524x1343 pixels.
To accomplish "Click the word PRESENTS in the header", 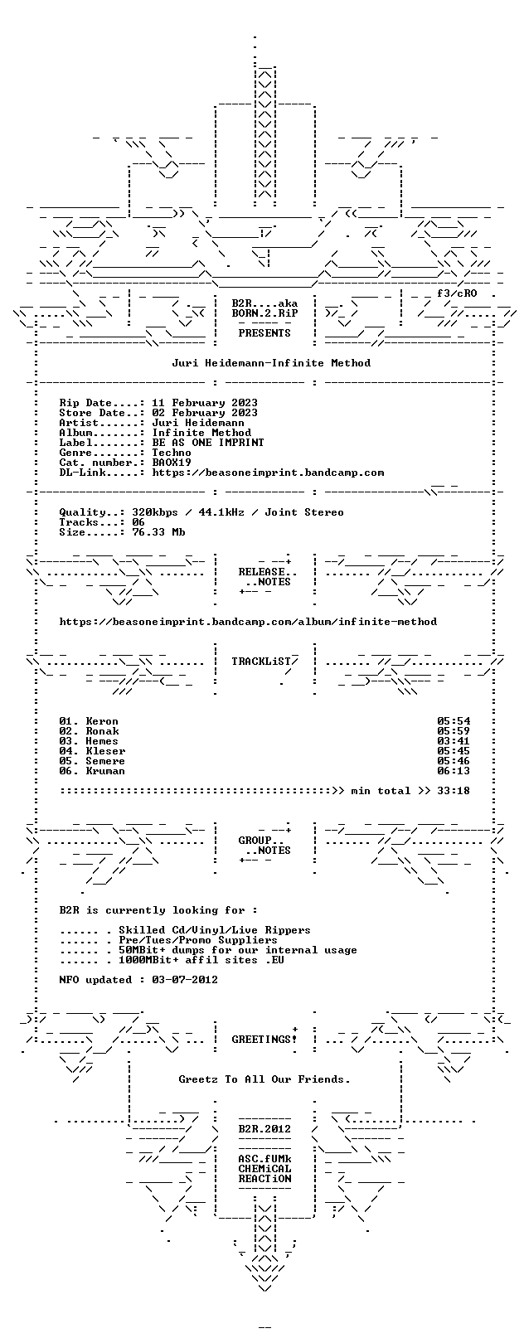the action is (264, 332).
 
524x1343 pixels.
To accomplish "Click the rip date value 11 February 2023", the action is (205, 403).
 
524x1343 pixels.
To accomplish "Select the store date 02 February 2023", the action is (205, 413).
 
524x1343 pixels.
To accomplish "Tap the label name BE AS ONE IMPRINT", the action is (208, 443).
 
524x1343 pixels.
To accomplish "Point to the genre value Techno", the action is (172, 453).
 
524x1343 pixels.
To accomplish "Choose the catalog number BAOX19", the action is (172, 463).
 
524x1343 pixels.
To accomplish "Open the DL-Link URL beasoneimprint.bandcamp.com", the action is (268, 473).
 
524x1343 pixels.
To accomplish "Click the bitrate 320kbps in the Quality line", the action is (155, 512).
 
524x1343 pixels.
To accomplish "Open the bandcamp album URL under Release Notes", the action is (248, 622).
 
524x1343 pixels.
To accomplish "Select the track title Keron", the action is (102, 721).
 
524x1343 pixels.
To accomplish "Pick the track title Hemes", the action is (102, 741).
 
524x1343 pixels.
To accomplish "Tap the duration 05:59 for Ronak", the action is (454, 731).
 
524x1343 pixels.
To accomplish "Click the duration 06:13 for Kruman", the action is (454, 771).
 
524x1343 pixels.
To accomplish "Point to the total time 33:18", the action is (454, 791).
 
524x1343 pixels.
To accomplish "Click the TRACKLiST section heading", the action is (261, 662).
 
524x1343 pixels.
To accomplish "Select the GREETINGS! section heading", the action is (264, 1039).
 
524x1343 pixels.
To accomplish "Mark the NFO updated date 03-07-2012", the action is (185, 980).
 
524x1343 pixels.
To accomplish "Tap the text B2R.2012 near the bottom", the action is (264, 1129).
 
